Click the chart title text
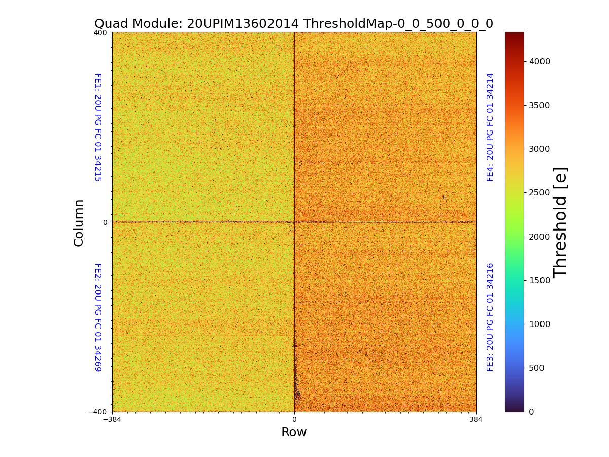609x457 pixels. [294, 24]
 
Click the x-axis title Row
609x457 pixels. [294, 432]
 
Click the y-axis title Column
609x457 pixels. [79, 222]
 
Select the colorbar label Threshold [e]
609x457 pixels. [560, 222]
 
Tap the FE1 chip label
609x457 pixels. [98, 127]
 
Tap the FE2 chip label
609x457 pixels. [98, 317]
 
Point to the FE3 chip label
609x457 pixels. [490, 317]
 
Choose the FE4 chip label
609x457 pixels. [490, 127]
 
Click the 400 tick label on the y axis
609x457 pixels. [100, 32]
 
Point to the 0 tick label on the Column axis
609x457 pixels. [105, 222]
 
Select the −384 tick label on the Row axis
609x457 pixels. [112, 420]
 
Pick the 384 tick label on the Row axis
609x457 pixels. [476, 420]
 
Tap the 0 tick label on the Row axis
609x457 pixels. [294, 420]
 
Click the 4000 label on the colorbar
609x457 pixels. [540, 61]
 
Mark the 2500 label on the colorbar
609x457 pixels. [540, 193]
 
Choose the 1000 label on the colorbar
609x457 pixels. [540, 324]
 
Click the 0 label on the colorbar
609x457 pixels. [531, 412]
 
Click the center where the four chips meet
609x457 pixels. [294, 222]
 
